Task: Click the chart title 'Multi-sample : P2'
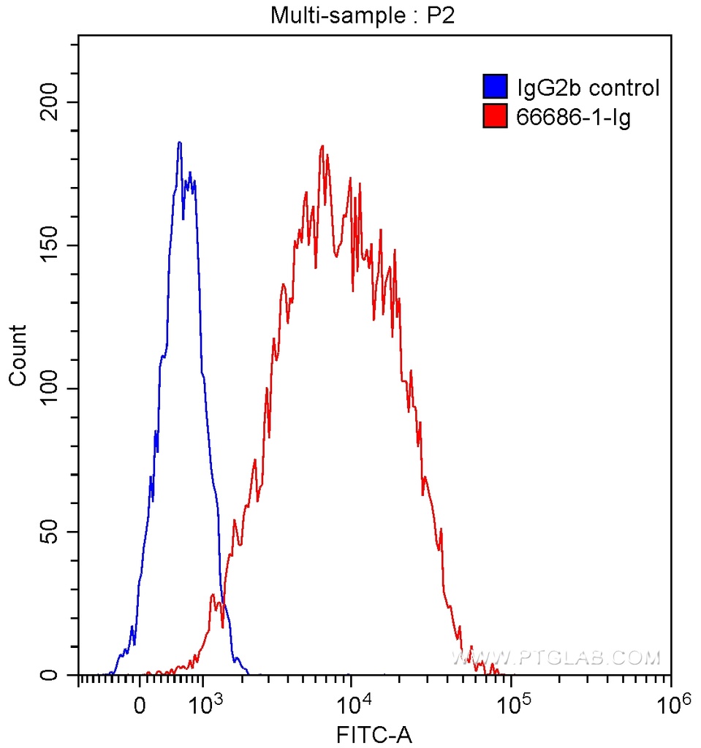click(363, 15)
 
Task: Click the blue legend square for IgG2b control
click(495, 88)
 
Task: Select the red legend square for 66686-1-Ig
click(495, 115)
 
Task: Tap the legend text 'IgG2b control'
click(588, 88)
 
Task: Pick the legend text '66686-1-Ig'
click(574, 116)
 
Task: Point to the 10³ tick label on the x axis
click(206, 705)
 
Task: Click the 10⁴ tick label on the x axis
click(353, 705)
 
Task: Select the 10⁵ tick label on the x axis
click(511, 705)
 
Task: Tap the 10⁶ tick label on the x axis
click(672, 705)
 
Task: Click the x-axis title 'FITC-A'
click(374, 732)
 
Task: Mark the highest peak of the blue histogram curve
click(179, 142)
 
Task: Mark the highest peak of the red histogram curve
click(322, 146)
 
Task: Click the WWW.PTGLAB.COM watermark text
click(556, 658)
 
